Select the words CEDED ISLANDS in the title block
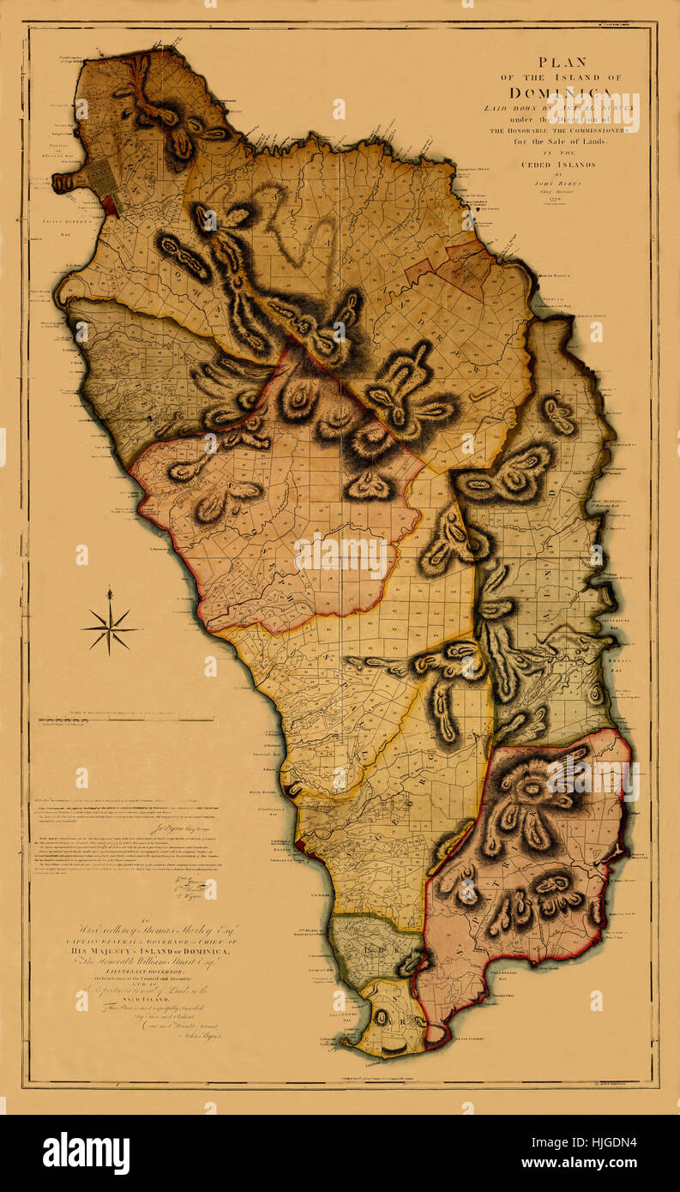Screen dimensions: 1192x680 click(561, 165)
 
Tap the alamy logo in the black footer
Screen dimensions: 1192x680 click(85, 1153)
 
